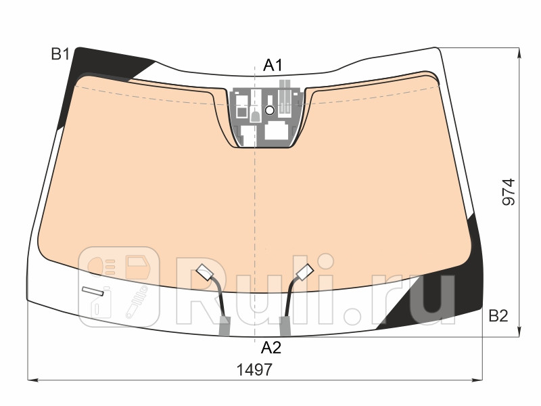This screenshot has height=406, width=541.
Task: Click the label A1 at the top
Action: pos(273,66)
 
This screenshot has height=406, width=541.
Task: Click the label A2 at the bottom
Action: pos(271,348)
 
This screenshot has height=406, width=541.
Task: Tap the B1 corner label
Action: pos(61,54)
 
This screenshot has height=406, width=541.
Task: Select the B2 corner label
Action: pos(498,315)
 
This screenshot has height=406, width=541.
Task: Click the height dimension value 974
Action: pos(509,192)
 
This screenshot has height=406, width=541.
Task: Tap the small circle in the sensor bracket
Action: pos(269,110)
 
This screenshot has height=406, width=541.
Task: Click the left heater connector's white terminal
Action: pos(204,273)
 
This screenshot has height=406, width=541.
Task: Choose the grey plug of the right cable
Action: pos(285,327)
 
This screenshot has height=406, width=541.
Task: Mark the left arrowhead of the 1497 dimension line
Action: pos(31,380)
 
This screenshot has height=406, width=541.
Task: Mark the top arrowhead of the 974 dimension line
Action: pos(519,51)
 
